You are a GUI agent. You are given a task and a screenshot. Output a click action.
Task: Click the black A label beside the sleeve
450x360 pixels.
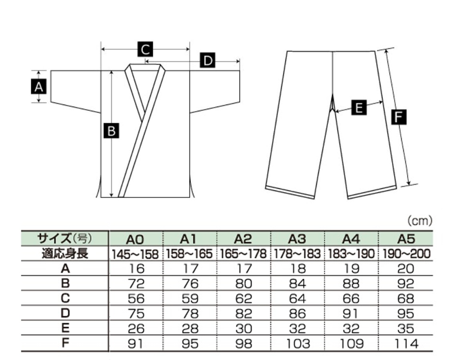(39, 87)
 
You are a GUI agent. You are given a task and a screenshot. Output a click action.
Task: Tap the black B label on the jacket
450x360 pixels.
(111, 131)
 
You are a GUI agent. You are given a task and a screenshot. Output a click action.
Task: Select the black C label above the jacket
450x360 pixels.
(145, 49)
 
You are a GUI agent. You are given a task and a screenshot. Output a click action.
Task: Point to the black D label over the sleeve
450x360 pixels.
(208, 60)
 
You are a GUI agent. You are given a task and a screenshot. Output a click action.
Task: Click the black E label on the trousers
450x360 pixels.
(359, 108)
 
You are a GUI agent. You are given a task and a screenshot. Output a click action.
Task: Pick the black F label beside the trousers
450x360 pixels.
(399, 117)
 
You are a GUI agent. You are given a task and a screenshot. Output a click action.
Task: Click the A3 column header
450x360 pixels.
(297, 239)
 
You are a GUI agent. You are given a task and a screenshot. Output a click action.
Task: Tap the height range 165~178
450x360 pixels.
(243, 254)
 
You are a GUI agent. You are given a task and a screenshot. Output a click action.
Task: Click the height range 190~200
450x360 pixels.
(406, 254)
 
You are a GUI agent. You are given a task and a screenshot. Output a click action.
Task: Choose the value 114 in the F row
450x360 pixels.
(406, 344)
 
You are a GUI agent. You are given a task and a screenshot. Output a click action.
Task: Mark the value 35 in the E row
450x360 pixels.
(406, 329)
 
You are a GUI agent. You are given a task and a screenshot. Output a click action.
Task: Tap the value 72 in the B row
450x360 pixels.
(136, 284)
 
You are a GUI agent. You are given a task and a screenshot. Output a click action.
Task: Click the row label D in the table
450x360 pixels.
(66, 313)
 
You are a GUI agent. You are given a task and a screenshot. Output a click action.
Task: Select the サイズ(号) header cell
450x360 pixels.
(65, 238)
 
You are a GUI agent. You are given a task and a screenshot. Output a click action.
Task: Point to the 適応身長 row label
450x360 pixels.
(65, 254)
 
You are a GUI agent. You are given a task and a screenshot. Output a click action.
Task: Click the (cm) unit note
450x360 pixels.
(420, 220)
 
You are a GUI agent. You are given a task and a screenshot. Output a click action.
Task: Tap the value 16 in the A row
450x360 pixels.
(137, 269)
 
